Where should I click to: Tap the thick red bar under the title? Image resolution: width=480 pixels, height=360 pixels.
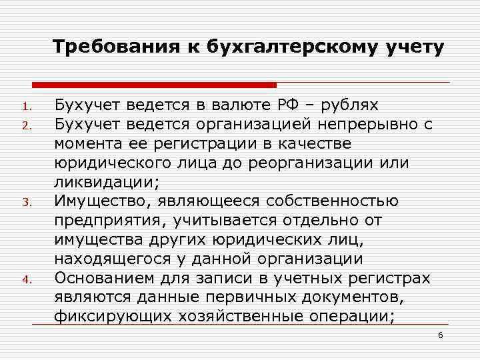pyautogui.click(x=154, y=85)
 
